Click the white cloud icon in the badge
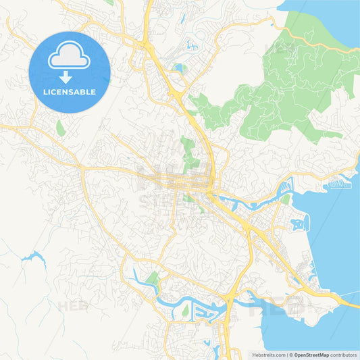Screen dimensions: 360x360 click(69, 57)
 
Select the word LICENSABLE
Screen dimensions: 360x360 click(69, 92)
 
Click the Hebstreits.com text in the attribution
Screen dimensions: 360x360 click(268, 355)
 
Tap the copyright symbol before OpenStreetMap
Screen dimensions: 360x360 click(290, 355)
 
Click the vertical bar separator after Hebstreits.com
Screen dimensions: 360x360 click(286, 355)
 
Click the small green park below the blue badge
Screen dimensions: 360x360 click(61, 128)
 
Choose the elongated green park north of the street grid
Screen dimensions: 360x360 click(187, 152)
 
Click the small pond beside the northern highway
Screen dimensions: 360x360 click(178, 68)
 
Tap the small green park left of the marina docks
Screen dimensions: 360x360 click(185, 311)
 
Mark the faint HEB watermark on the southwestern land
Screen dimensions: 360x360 click(72, 306)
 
